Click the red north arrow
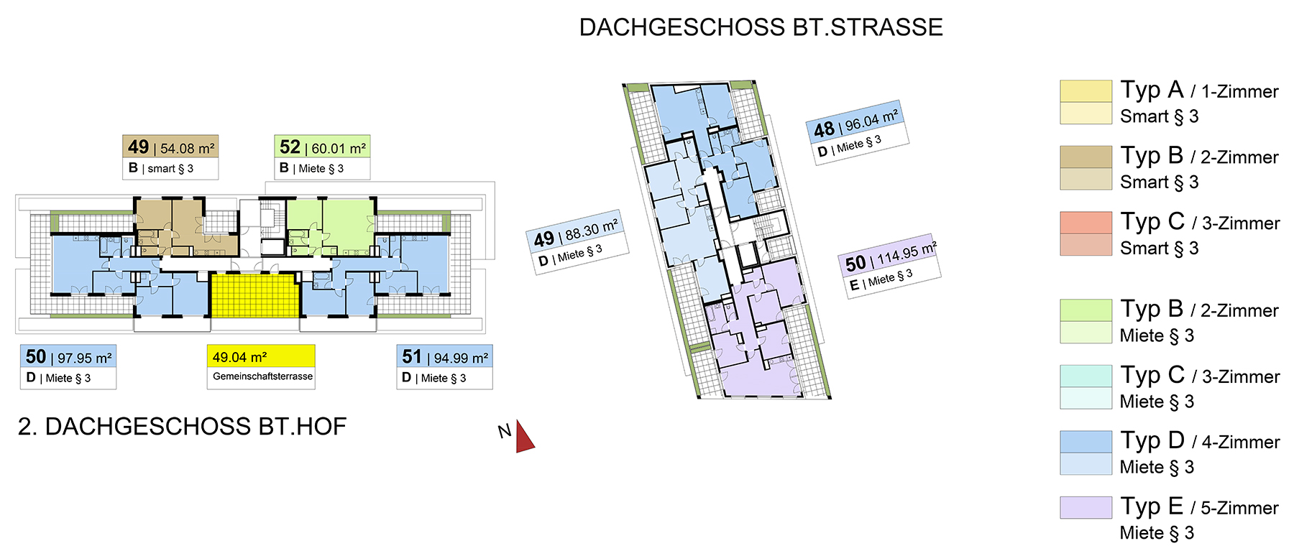[x=524, y=438]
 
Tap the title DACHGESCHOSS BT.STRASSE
[x=761, y=27]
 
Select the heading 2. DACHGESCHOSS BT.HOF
[x=182, y=427]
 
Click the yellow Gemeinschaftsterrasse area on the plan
[x=254, y=295]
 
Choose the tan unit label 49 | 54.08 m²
[x=170, y=147]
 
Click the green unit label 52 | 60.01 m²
[x=322, y=147]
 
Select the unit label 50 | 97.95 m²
[x=68, y=357]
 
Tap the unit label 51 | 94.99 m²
[x=445, y=357]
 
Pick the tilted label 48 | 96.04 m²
[x=855, y=122]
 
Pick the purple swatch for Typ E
[x=1086, y=507]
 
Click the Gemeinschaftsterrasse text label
[x=262, y=376]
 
